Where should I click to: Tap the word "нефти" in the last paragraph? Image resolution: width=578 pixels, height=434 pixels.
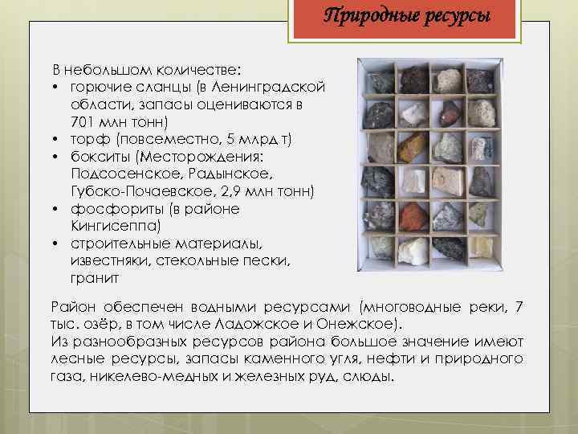385,358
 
